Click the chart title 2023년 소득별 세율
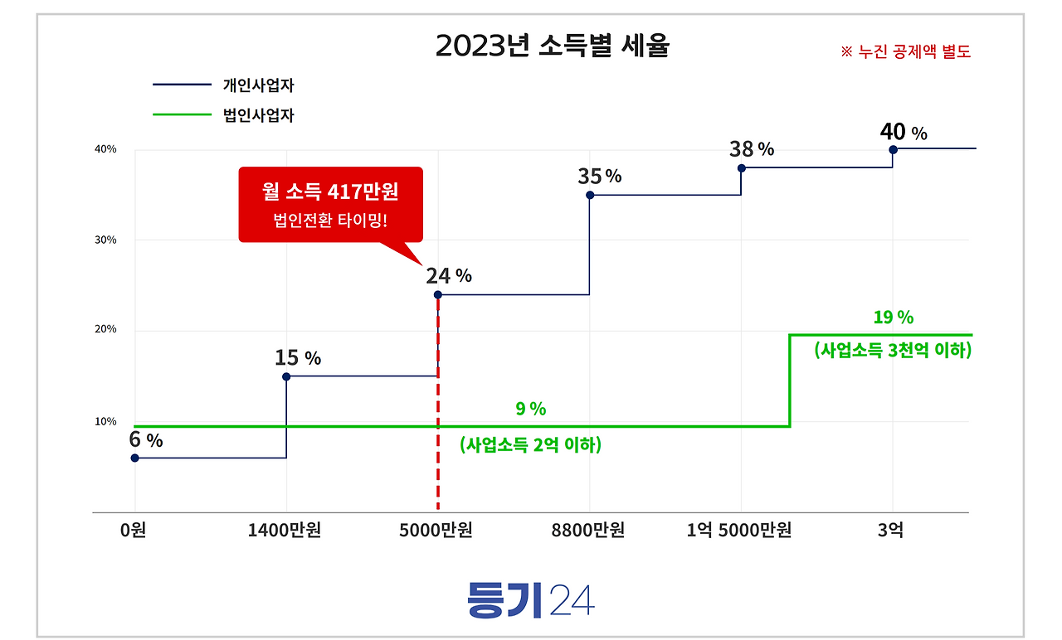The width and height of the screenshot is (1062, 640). (552, 46)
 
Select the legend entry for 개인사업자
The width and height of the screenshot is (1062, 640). (258, 85)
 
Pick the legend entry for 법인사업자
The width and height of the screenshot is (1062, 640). (258, 115)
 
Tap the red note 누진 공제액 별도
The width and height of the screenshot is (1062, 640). (905, 51)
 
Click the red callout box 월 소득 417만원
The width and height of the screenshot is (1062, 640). (330, 204)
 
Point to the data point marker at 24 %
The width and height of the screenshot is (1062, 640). (437, 294)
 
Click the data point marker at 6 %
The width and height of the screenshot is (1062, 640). (134, 458)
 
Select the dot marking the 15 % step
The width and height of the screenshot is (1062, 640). (286, 376)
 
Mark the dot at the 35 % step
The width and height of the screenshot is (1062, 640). (590, 195)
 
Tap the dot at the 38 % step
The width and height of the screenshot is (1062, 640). (742, 167)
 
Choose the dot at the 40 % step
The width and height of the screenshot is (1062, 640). (893, 149)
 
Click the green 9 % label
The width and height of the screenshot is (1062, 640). (531, 409)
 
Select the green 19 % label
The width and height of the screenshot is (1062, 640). (893, 317)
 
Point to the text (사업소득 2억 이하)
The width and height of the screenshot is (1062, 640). (531, 445)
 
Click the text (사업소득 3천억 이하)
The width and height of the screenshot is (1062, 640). (893, 350)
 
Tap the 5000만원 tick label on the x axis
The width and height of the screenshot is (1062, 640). (436, 530)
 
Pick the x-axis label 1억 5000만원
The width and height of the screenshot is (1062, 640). (739, 530)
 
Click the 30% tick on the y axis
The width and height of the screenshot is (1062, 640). (105, 240)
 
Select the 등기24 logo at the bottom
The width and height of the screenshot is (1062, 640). (531, 599)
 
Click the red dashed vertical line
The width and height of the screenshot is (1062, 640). (437, 415)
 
